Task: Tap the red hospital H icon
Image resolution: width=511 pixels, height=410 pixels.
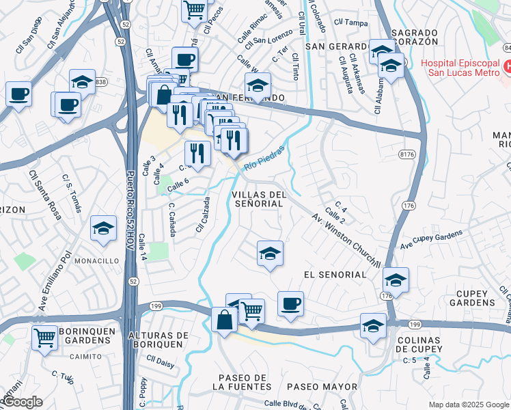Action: pos(507,67)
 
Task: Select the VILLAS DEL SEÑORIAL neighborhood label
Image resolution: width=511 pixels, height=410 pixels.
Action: pos(258,200)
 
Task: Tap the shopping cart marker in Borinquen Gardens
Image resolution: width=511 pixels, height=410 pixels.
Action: pos(44,337)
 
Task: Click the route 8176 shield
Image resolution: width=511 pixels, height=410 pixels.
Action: pos(408,155)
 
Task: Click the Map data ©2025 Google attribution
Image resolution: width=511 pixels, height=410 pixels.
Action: pos(469,405)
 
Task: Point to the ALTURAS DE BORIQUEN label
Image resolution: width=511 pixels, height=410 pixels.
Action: pos(158,340)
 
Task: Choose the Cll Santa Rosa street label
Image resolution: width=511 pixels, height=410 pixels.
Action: pos(45,195)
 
